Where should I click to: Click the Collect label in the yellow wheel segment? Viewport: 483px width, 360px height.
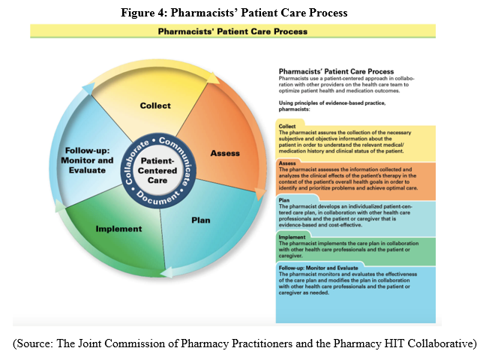(155, 106)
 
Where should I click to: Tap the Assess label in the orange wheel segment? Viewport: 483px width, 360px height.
(225, 153)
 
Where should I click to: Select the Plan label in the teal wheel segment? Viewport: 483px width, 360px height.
(201, 220)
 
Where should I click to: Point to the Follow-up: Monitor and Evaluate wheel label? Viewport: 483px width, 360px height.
(89, 160)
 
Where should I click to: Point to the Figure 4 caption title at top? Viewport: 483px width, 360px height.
(241, 11)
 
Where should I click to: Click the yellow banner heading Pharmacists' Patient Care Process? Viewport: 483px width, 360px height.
(232, 31)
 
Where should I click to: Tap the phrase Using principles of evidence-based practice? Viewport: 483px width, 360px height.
(327, 102)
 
